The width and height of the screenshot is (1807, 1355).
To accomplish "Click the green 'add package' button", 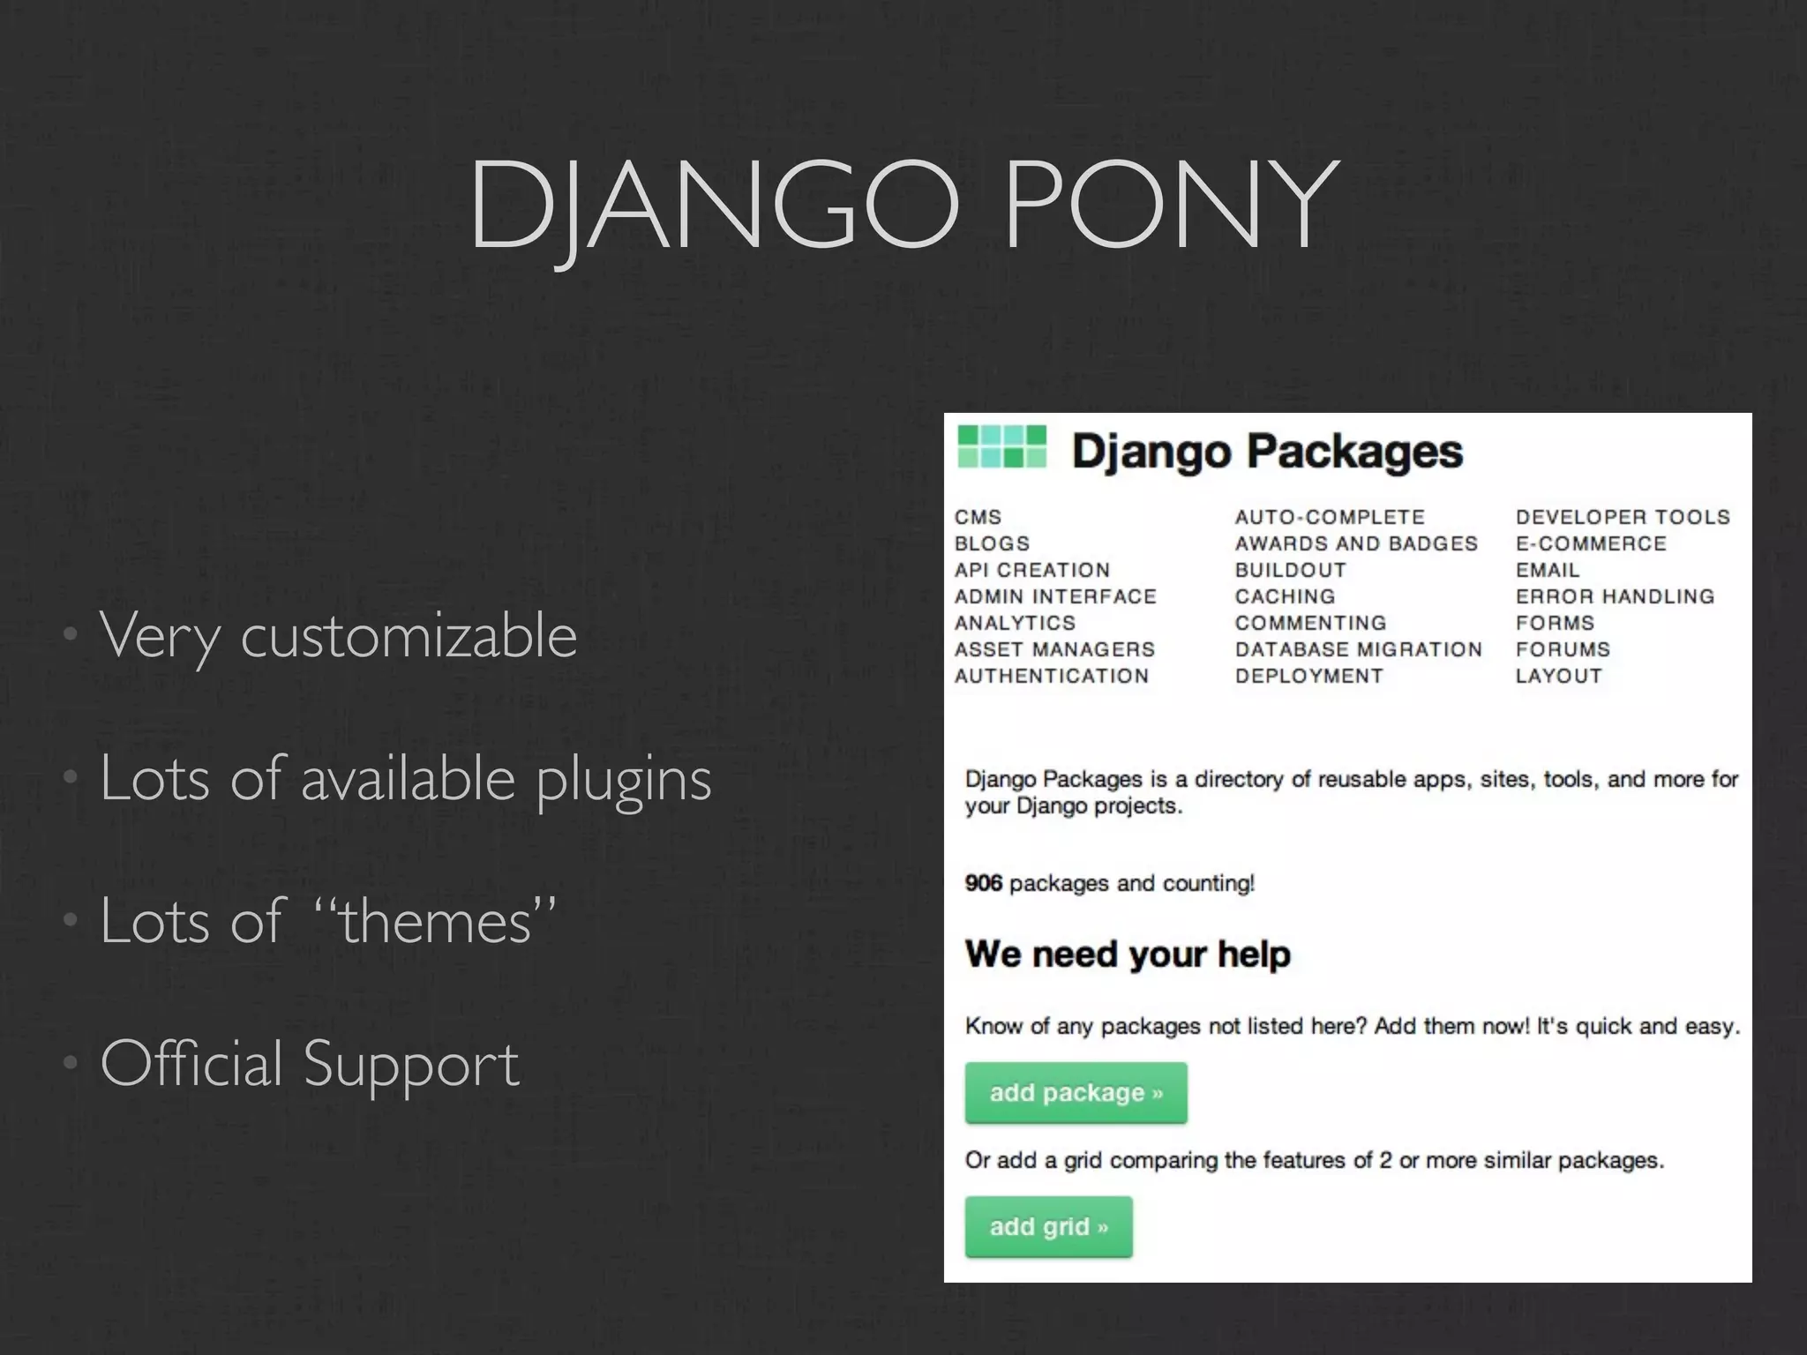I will [1076, 1093].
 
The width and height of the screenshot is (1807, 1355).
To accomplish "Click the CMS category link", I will [978, 517].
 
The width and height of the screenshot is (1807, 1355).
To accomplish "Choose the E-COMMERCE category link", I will [1591, 543].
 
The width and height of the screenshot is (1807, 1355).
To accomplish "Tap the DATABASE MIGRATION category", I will [1358, 649].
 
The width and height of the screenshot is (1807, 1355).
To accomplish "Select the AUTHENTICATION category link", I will [1051, 676].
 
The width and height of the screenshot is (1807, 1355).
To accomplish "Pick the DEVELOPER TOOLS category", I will [1623, 517].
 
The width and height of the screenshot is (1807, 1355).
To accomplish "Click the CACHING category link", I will [1285, 596].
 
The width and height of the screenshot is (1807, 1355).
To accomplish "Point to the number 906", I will [983, 883].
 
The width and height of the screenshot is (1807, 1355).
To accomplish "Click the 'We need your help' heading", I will [1128, 954].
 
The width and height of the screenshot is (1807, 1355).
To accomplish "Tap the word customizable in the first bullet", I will [409, 635].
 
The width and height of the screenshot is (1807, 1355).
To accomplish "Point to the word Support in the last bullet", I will [411, 1064].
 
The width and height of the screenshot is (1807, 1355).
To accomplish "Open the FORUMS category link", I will [1563, 649].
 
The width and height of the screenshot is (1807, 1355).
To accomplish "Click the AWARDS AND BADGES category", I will [1356, 543].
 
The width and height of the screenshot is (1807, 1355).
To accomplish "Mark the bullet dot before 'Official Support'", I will [70, 1063].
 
